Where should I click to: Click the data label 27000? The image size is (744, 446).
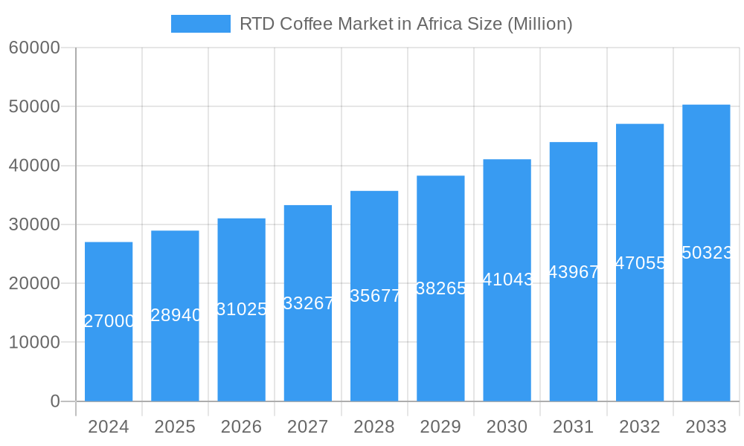pyautogui.click(x=109, y=321)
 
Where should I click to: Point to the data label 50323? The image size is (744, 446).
pyautogui.click(x=706, y=253)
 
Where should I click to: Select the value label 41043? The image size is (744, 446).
pyautogui.click(x=507, y=279)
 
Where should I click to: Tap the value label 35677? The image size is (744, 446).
pyautogui.click(x=374, y=296)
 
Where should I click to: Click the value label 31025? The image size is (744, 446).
pyautogui.click(x=242, y=309)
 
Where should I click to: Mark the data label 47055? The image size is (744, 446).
pyautogui.click(x=640, y=262)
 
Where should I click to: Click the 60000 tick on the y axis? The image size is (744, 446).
pyautogui.click(x=34, y=48)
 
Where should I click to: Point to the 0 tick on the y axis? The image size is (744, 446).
pyautogui.click(x=55, y=401)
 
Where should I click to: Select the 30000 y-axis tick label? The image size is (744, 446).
pyautogui.click(x=34, y=224)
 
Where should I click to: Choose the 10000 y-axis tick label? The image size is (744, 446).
pyautogui.click(x=34, y=343)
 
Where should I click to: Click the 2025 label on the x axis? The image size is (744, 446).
pyautogui.click(x=175, y=427)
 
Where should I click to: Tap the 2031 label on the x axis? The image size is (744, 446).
pyautogui.click(x=573, y=427)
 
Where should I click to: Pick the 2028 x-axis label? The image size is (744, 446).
pyautogui.click(x=374, y=427)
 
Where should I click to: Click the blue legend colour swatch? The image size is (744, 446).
pyautogui.click(x=201, y=24)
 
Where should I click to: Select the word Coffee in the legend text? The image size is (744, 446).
pyautogui.click(x=306, y=24)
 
